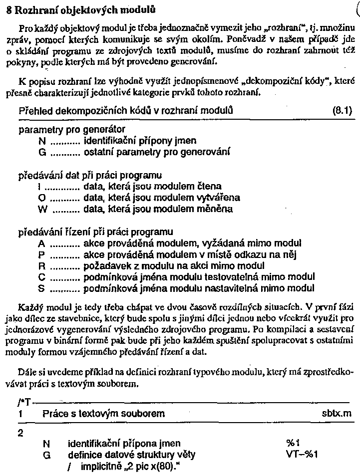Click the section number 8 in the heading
tap(8, 9)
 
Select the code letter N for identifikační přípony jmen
tap(41, 141)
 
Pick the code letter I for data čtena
tap(39, 187)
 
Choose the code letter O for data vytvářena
tap(41, 198)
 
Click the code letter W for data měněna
tap(42, 209)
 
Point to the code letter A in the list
tap(41, 243)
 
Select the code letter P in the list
tap(41, 254)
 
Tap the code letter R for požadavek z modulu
tap(41, 265)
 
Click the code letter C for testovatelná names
tap(41, 276)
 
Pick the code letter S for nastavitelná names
tap(41, 287)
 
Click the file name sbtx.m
tap(337, 414)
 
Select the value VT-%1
tap(302, 454)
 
